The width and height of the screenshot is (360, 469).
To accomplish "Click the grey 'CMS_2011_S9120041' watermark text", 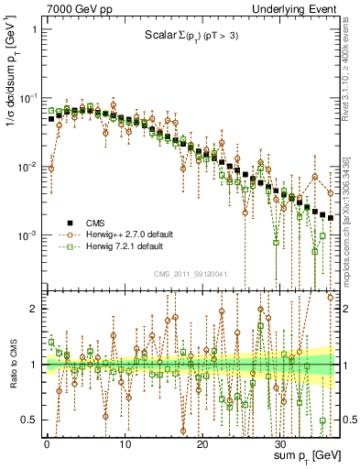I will coord(196,272).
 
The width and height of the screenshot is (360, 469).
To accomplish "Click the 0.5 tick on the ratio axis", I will coord(29,420).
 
